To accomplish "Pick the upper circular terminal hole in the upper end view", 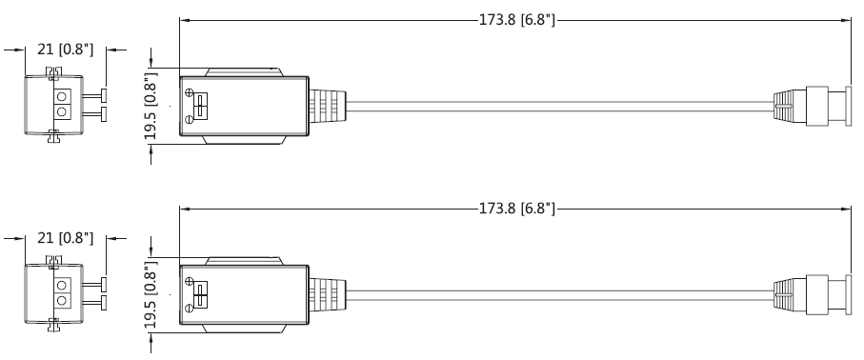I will (63, 96).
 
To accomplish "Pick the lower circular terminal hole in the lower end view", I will (63, 301).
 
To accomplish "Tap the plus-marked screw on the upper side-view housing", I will (191, 93).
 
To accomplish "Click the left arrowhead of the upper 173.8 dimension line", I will (183, 19).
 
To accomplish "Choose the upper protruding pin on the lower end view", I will (99, 284).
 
